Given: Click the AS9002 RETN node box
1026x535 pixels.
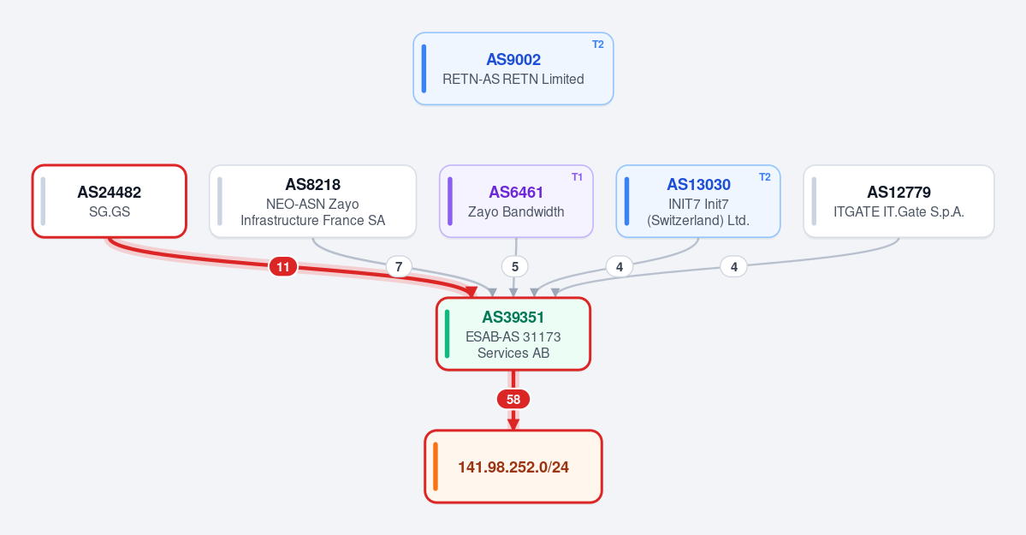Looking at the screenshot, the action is click(x=513, y=68).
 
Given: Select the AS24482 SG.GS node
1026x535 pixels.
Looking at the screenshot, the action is click(x=110, y=201).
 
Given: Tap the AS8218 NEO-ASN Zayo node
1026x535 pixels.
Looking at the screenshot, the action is click(x=313, y=201).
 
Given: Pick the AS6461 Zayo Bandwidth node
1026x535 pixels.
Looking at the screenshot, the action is click(x=516, y=201).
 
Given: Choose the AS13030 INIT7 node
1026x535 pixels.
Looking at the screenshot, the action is click(x=698, y=201).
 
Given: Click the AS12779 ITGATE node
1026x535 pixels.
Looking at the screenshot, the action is click(x=898, y=201).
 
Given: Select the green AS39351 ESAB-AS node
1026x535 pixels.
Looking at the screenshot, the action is click(x=513, y=334).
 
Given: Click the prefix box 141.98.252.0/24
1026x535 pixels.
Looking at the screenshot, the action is click(x=513, y=467).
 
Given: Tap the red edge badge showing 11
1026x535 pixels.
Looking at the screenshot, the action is click(x=282, y=266).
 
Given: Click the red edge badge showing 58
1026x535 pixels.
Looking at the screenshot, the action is click(x=513, y=399).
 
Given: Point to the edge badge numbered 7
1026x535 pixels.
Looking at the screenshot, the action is click(x=399, y=266).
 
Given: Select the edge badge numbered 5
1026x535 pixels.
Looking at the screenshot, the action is click(x=515, y=266).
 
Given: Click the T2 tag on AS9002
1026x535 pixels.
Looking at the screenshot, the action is click(x=598, y=45).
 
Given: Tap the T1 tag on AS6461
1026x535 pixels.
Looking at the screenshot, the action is click(x=577, y=177).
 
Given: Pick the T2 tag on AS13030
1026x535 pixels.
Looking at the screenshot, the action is click(x=765, y=177).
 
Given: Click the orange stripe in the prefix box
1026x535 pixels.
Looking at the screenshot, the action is click(x=436, y=467).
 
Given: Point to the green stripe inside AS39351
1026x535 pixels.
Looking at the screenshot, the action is click(x=447, y=334).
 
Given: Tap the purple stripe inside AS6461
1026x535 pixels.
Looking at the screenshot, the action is click(x=450, y=201).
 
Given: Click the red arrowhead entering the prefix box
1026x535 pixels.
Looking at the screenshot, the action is click(x=513, y=424).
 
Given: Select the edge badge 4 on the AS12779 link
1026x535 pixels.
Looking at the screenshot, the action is click(x=733, y=266).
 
